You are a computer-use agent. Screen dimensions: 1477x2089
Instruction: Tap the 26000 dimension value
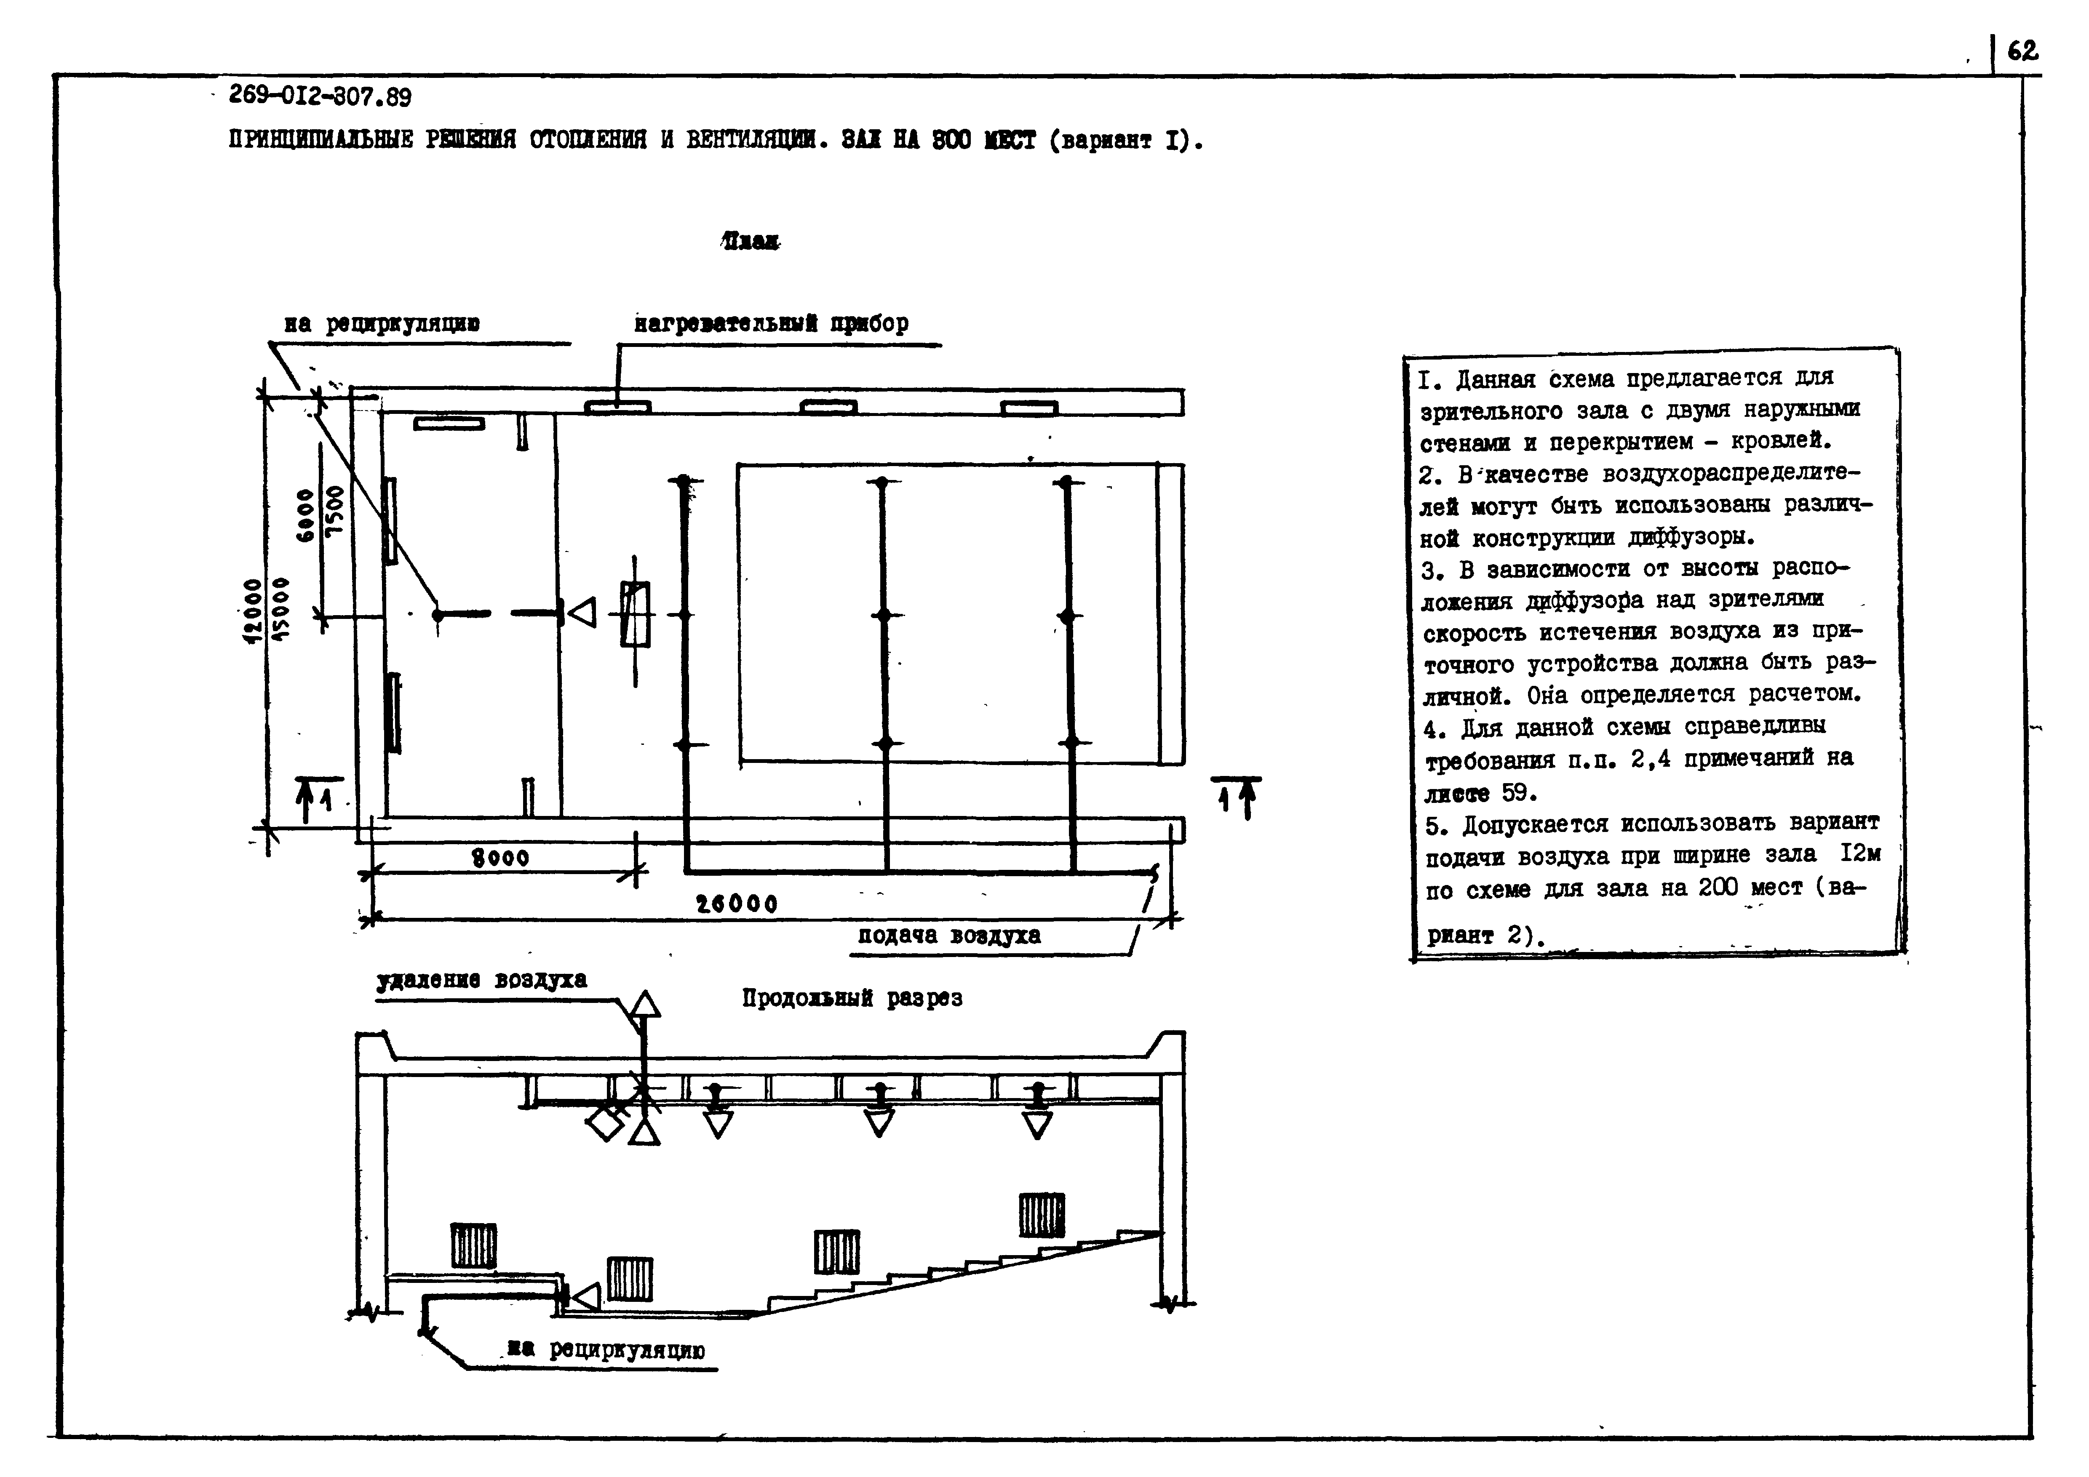click(x=737, y=904)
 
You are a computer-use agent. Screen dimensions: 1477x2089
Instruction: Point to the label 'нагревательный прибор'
click(x=771, y=324)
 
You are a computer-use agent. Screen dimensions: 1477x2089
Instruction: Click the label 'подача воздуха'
click(x=949, y=936)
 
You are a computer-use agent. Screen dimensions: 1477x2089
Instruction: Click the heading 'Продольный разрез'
click(x=852, y=999)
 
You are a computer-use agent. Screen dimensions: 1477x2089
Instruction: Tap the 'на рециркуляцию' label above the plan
click(x=382, y=324)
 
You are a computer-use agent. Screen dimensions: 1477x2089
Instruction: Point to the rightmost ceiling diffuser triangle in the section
click(x=1036, y=1124)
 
